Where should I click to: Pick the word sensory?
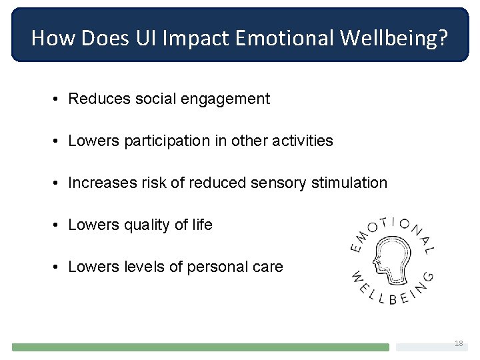[275, 183]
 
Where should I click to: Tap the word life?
[201, 225]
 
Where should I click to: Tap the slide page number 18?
[458, 343]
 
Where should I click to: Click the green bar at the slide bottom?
[200, 347]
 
